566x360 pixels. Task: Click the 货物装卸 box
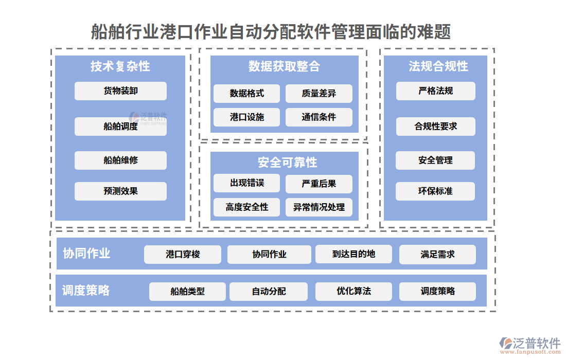click(120, 91)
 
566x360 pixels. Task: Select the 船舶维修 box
click(120, 160)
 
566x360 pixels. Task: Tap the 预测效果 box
click(120, 191)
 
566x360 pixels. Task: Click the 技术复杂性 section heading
click(120, 66)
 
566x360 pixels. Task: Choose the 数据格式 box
click(246, 94)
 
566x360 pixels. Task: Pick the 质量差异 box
click(319, 94)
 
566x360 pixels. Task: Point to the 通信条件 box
click(319, 117)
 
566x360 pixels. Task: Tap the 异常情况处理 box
click(319, 207)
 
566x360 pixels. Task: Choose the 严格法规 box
click(435, 91)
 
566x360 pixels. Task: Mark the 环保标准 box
click(435, 191)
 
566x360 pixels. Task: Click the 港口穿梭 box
click(183, 255)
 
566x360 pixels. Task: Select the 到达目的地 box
click(353, 254)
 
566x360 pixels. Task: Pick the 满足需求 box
click(437, 255)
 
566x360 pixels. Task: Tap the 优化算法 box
click(353, 291)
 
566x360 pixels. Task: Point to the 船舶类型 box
click(187, 292)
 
